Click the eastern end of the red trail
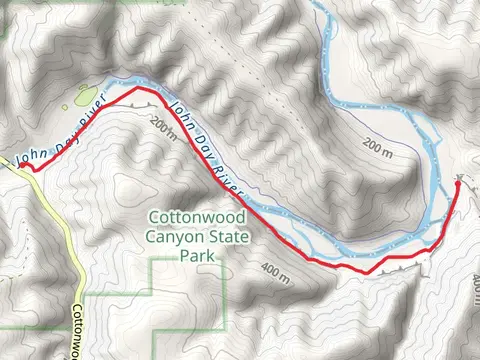click(458, 182)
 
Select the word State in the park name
click(228, 237)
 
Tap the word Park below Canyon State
click(196, 256)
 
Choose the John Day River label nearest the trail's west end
click(60, 136)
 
